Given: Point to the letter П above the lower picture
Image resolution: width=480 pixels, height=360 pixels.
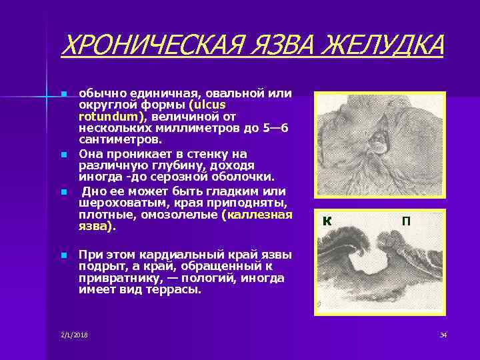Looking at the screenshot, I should tap(405, 221).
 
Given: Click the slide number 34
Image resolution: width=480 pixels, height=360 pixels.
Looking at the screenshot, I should tap(443, 334).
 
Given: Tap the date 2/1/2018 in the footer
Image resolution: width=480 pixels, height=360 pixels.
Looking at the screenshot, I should tap(73, 334).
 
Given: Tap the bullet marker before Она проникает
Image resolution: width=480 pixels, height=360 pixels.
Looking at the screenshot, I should tap(63, 154).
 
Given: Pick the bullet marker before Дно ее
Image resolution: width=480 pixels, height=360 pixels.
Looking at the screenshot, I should tap(63, 192).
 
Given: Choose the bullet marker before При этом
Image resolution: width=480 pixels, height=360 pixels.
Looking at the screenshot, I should tap(63, 255).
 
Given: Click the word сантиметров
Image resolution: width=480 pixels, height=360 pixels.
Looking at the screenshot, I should tap(120, 139).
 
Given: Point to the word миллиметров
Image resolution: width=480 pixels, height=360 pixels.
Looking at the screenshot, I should tap(199, 127).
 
